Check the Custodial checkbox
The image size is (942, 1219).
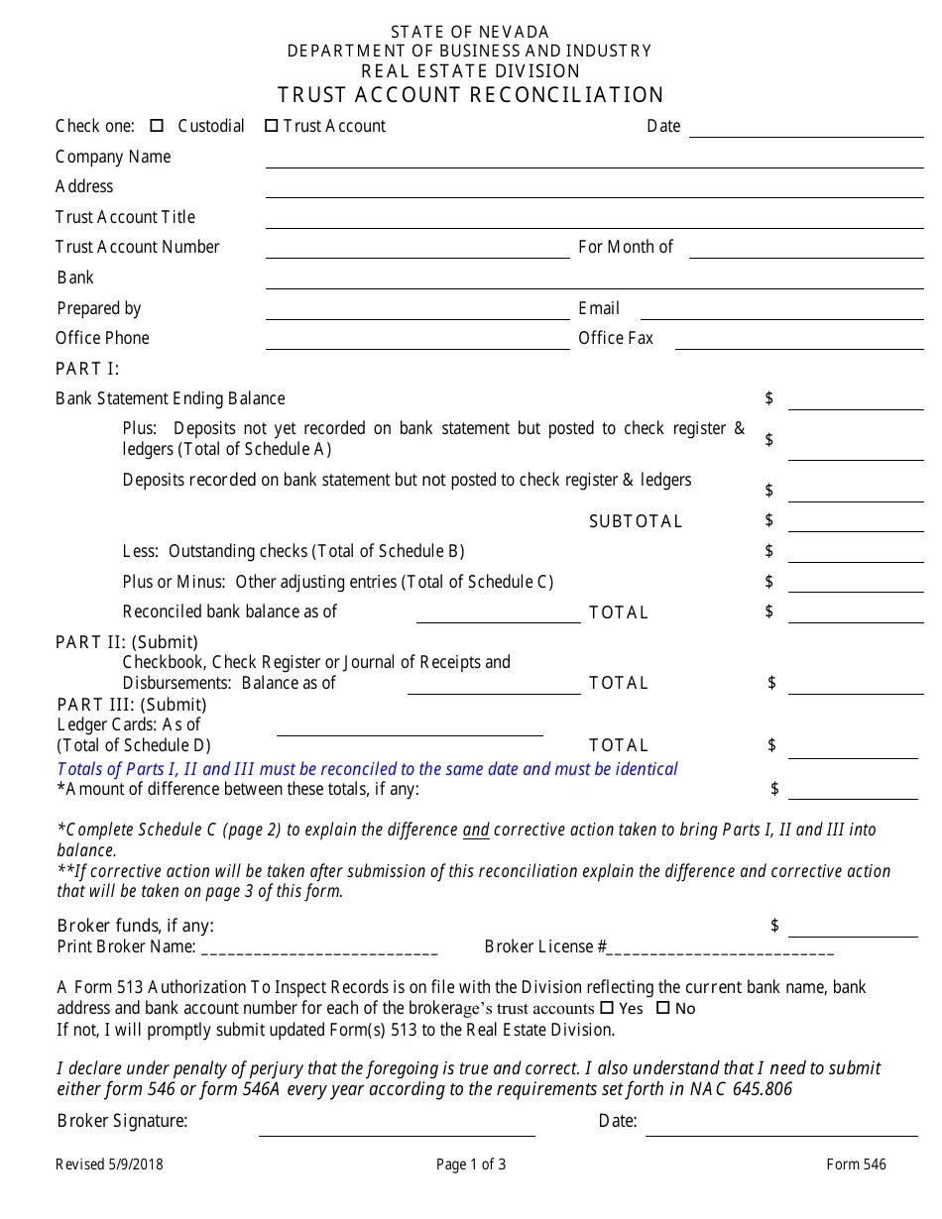[x=157, y=126]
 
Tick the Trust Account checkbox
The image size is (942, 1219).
[x=271, y=126]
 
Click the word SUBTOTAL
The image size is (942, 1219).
[x=636, y=521]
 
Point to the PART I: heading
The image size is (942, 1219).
[x=87, y=369]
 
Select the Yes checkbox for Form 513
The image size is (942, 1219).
[x=607, y=1008]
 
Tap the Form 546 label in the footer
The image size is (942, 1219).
[x=856, y=1164]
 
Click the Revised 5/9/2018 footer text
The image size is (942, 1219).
[x=109, y=1164]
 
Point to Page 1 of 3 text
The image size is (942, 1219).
[x=471, y=1164]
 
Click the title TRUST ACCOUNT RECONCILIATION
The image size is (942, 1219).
[x=471, y=95]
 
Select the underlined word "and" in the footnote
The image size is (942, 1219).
[x=476, y=831]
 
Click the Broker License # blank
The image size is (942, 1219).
[x=720, y=951]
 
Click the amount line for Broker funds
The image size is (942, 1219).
[x=853, y=935]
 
